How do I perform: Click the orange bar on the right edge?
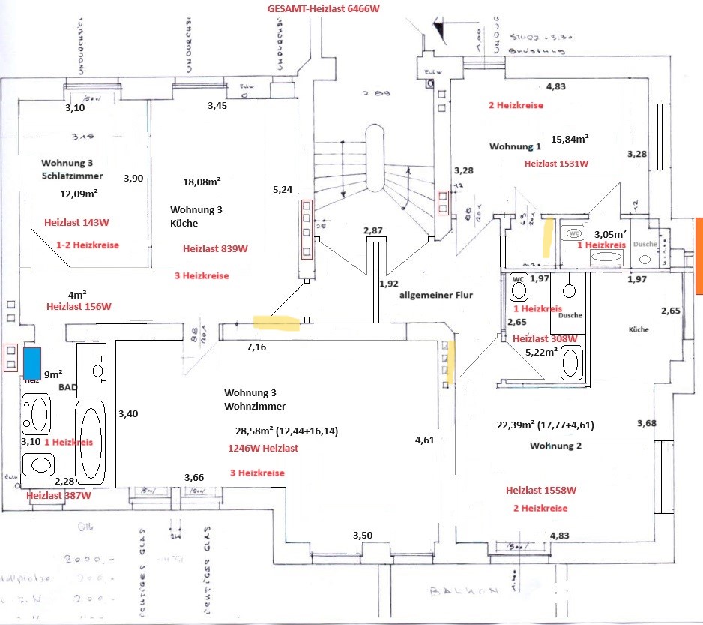[x=699, y=256]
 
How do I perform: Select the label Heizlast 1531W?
[x=556, y=163]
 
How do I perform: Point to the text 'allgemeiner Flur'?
[x=436, y=295]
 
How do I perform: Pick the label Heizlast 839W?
[x=215, y=248]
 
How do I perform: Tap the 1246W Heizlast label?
[x=262, y=448]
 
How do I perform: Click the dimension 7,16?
[x=257, y=347]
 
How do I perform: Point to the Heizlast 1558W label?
[x=540, y=490]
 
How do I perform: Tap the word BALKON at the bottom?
[x=464, y=591]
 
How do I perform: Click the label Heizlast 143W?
[x=76, y=222]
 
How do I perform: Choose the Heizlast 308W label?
[x=545, y=338]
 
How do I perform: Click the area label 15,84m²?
[x=570, y=139]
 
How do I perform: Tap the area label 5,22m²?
[x=540, y=351]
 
